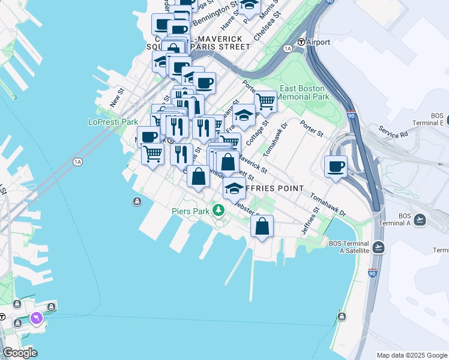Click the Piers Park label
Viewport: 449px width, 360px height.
click(190, 211)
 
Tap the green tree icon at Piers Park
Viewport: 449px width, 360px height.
click(220, 210)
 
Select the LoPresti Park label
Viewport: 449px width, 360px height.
click(113, 122)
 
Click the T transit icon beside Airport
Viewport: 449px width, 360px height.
click(301, 42)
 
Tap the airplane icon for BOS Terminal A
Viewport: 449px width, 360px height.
click(420, 220)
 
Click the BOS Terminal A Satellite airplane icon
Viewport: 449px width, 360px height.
click(378, 247)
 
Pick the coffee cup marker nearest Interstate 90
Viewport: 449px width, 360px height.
click(336, 166)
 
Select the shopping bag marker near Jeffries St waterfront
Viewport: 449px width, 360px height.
click(262, 226)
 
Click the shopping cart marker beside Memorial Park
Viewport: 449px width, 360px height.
click(265, 101)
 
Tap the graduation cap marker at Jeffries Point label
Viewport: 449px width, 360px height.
click(234, 189)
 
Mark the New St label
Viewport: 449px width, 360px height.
click(116, 98)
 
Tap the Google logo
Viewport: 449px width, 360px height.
click(20, 353)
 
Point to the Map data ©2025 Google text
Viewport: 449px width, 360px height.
click(411, 355)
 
